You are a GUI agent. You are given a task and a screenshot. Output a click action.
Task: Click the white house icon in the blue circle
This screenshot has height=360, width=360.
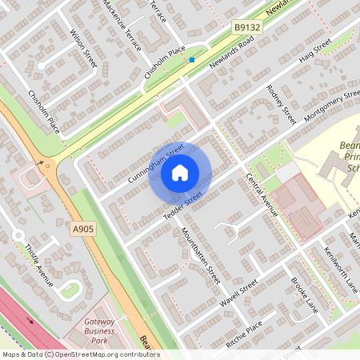pos(180,172)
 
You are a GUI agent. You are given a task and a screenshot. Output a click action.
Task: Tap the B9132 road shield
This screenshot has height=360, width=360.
pos(247,27)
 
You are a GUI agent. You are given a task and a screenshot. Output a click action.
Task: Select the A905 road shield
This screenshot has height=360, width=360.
pos(82,230)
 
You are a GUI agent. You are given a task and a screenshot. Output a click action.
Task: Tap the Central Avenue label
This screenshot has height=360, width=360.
pos(262,197)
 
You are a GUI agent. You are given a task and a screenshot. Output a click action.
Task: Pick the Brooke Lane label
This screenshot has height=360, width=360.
pos(304,294)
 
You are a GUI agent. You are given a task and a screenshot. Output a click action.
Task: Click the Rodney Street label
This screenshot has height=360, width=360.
pos(281,104)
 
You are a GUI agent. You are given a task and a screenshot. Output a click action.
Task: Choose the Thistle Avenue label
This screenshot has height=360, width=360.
pos(38,265)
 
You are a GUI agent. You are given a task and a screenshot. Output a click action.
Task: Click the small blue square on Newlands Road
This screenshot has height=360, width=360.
pos(192,59)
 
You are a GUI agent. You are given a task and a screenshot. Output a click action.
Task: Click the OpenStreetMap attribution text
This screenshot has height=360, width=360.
pos(80,354)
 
